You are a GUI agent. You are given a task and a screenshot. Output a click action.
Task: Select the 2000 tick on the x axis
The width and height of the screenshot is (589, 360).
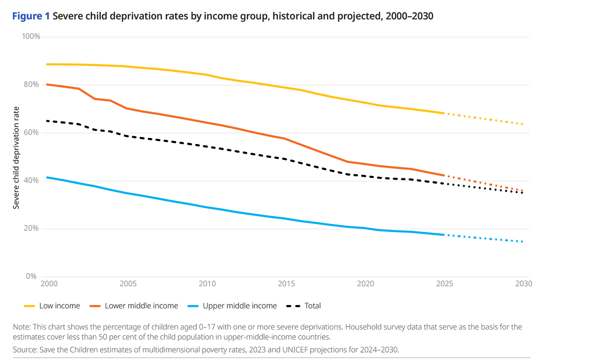pos(47,284)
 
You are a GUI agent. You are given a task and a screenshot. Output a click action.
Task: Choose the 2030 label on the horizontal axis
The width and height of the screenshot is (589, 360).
pos(524,284)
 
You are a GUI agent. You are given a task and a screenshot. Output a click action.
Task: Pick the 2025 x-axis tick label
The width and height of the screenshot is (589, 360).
pos(444,284)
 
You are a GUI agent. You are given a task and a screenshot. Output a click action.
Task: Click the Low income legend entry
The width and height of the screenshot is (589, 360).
pos(52,306)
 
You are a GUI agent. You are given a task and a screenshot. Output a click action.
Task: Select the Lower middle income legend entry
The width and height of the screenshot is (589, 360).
pos(134,306)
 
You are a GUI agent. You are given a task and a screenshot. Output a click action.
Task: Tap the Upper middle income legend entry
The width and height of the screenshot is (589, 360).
pos(232,306)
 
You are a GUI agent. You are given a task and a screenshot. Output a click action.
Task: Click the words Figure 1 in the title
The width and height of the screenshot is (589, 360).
pos(31,16)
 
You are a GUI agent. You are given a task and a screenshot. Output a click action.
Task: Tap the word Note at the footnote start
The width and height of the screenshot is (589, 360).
pos(22,327)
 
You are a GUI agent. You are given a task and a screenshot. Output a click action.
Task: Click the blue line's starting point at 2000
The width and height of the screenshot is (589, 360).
pos(47,177)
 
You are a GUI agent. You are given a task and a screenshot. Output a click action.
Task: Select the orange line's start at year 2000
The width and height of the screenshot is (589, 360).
pos(47,84)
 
